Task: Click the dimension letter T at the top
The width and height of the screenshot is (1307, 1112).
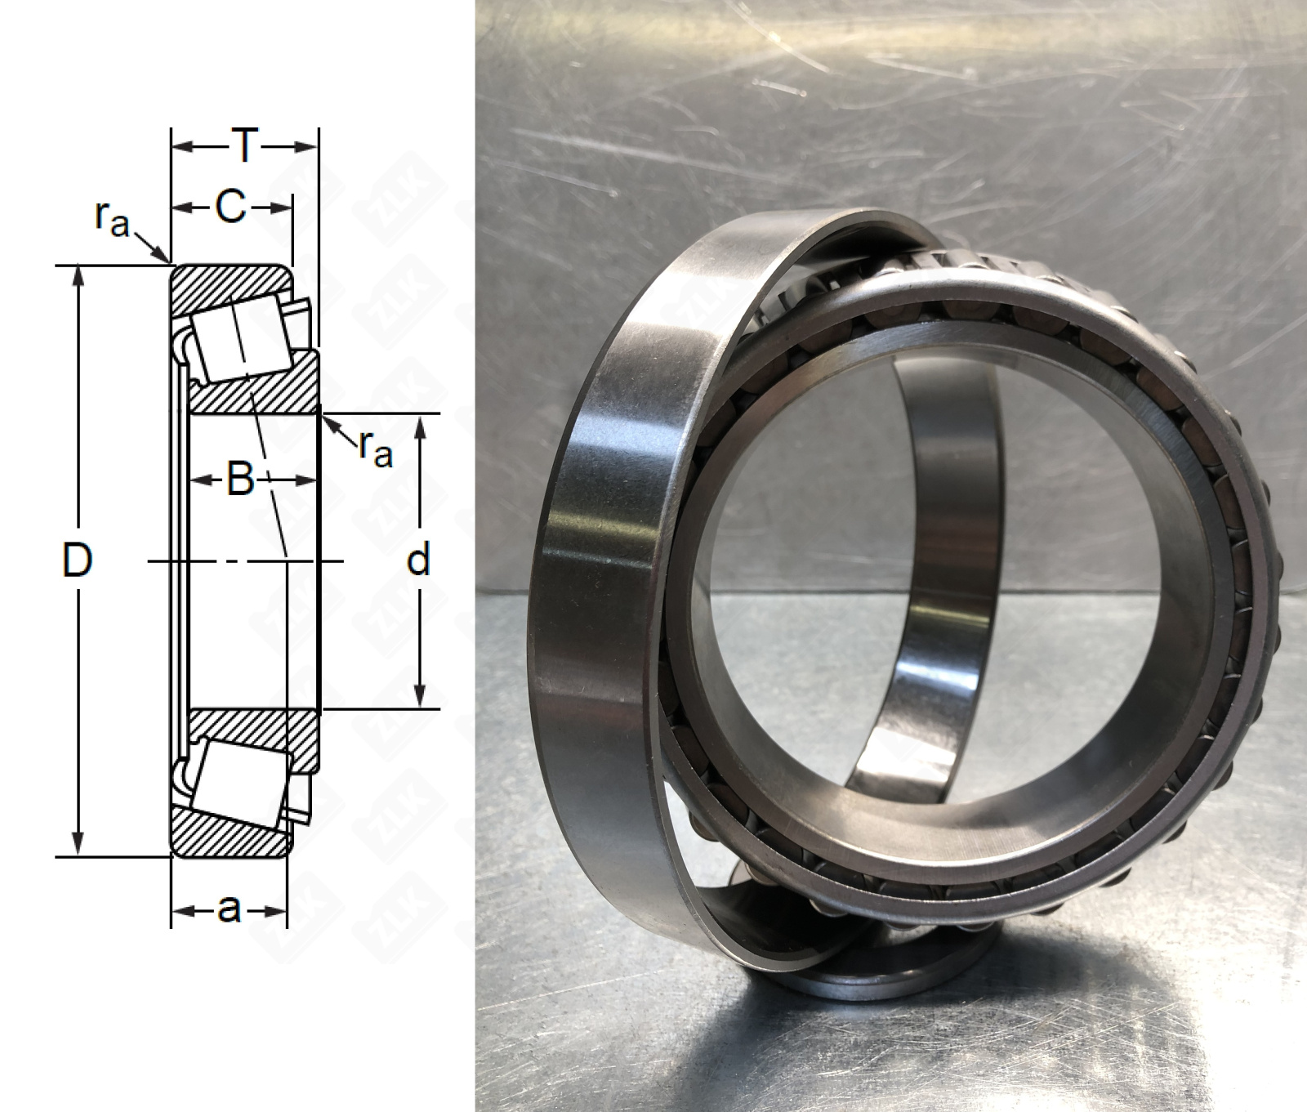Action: pyautogui.click(x=243, y=147)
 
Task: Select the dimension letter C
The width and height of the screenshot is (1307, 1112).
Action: pyautogui.click(x=230, y=208)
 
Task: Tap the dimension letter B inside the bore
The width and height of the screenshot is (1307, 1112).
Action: pyautogui.click(x=240, y=480)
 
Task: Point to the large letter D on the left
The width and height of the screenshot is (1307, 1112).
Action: pyautogui.click(x=78, y=560)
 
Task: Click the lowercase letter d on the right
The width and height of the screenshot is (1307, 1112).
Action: pyautogui.click(x=418, y=560)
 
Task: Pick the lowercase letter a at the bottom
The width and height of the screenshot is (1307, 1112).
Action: pyautogui.click(x=230, y=908)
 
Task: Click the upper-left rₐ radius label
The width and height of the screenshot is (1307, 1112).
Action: pyautogui.click(x=113, y=218)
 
